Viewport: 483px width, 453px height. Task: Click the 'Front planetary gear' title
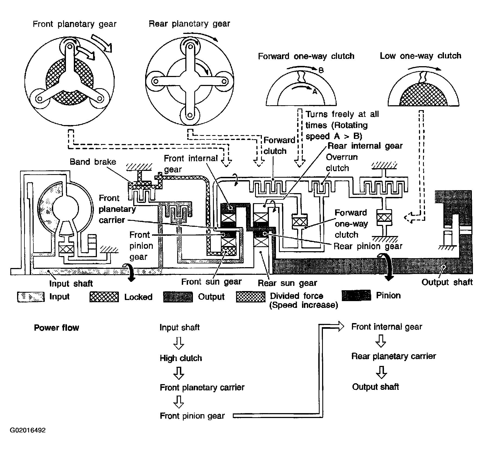click(x=75, y=24)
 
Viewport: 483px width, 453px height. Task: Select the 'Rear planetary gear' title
click(x=189, y=24)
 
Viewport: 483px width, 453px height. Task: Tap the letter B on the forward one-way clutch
click(x=321, y=71)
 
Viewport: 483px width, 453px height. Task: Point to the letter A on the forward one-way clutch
click(x=315, y=92)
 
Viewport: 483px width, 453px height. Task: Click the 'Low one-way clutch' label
click(x=420, y=56)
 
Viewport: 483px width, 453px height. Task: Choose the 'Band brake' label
click(x=93, y=162)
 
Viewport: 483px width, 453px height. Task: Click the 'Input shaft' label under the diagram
click(x=71, y=283)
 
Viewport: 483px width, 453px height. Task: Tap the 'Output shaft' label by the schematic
click(x=447, y=282)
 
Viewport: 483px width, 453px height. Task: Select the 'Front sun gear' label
click(x=211, y=282)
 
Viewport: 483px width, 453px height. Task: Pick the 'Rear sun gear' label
click(x=287, y=283)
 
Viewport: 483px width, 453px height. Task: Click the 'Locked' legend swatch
click(x=104, y=297)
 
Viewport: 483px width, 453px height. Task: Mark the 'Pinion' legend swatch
click(x=356, y=295)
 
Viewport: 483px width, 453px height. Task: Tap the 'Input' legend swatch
click(x=31, y=297)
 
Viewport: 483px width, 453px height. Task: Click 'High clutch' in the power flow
click(x=181, y=358)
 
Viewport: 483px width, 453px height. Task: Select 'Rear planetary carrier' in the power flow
click(x=393, y=356)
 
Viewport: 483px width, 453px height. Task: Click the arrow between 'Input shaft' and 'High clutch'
click(x=179, y=343)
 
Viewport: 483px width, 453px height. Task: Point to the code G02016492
click(x=28, y=430)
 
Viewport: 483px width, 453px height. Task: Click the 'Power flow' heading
click(x=56, y=328)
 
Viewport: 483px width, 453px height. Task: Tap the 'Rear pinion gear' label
click(x=368, y=246)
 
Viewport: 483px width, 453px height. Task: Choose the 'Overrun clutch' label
click(x=342, y=162)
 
